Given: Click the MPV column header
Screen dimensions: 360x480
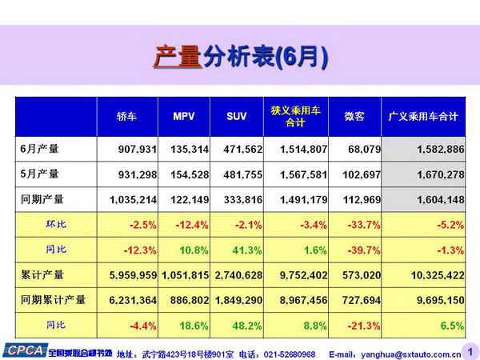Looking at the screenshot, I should pos(183,116).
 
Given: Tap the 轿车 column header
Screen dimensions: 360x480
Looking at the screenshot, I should pos(127,116).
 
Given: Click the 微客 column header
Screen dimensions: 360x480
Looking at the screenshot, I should pos(354,116).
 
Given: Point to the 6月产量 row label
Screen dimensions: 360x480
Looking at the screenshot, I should pos(39,148).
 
